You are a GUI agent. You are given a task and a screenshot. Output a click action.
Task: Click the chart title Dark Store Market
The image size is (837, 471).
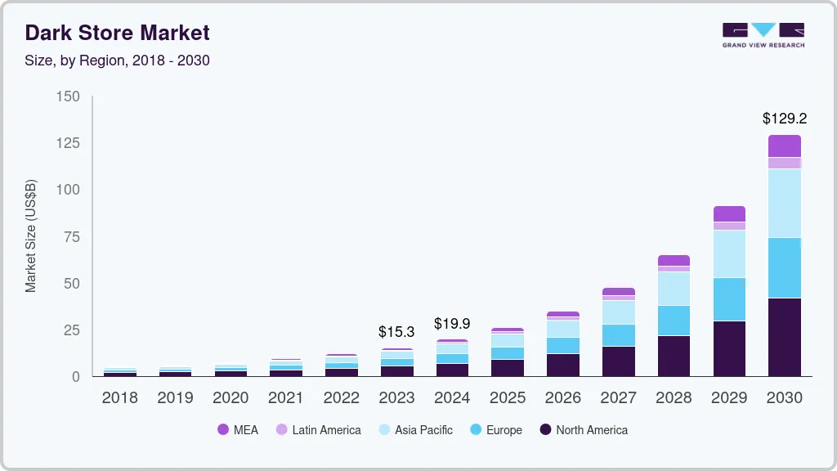click(117, 33)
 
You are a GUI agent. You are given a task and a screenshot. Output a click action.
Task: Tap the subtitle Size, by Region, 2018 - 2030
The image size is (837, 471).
click(117, 61)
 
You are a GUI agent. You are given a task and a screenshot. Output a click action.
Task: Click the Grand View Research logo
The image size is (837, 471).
click(763, 35)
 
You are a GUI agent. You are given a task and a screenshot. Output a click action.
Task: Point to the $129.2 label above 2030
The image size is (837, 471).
click(784, 119)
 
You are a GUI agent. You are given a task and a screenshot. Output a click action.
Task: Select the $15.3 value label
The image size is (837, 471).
click(396, 332)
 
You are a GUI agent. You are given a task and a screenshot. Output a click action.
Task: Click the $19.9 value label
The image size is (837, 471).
click(452, 324)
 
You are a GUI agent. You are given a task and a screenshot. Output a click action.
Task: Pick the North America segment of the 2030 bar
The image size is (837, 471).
click(784, 337)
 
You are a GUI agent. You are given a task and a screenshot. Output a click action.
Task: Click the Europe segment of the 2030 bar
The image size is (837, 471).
click(784, 267)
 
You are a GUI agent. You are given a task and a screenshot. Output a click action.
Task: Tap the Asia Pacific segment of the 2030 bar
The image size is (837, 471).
click(784, 203)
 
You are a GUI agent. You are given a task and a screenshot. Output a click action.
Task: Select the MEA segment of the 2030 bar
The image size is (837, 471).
click(784, 146)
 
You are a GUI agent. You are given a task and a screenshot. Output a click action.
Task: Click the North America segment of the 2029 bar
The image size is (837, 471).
click(729, 348)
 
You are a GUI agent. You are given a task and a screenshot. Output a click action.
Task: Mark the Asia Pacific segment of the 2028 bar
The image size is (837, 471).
click(674, 289)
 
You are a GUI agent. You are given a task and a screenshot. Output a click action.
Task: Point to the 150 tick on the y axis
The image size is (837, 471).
click(69, 96)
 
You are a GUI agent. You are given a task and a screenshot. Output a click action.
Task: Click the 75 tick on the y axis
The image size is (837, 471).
click(72, 237)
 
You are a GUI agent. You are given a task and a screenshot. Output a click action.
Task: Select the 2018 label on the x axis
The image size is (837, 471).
click(119, 398)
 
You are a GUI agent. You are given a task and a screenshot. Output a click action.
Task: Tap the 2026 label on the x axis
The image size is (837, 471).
click(562, 398)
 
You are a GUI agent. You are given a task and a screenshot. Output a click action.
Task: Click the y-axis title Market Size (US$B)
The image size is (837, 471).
click(31, 235)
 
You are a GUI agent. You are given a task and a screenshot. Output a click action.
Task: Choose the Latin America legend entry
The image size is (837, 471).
click(318, 430)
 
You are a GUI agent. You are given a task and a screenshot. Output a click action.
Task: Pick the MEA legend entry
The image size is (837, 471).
click(237, 430)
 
